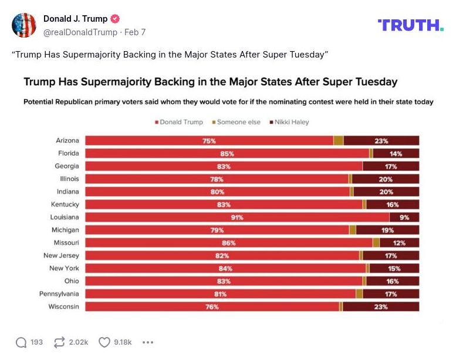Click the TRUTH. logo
[x=410, y=25]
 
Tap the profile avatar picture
[x=24, y=25]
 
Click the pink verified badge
[x=115, y=19]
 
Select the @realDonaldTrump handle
[x=80, y=32]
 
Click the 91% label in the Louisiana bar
[x=237, y=217]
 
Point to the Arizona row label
[x=67, y=140]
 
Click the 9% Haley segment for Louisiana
[x=404, y=217]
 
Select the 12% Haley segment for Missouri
[x=400, y=243]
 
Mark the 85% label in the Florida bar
[x=227, y=154]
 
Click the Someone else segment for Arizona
[x=338, y=140]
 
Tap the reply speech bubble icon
[x=21, y=342]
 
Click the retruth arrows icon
[x=59, y=342]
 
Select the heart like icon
[x=104, y=342]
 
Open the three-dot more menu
[x=148, y=342]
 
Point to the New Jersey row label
[x=61, y=255]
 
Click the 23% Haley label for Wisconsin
[x=381, y=307]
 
